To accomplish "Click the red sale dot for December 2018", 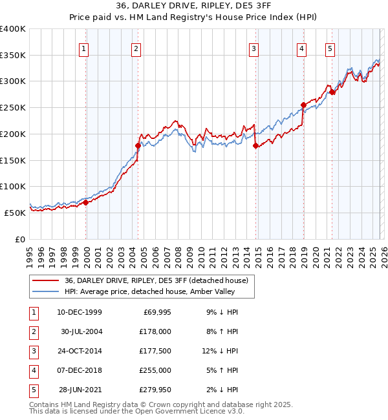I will (303, 105).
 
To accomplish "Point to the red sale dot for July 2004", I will (138, 145).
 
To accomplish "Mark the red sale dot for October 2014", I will (255, 145).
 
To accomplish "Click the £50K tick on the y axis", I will (15, 213).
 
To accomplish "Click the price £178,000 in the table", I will (155, 331).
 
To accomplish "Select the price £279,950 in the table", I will (155, 389).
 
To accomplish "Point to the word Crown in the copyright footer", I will (167, 404).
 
